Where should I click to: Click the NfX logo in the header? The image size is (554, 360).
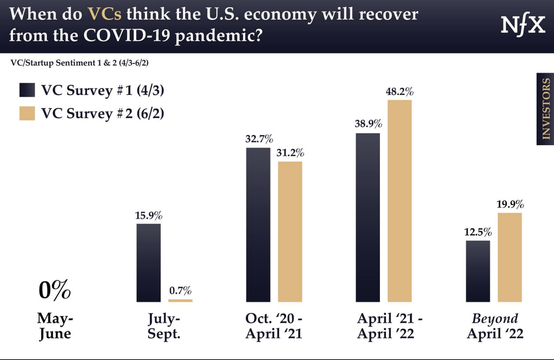[x=522, y=25]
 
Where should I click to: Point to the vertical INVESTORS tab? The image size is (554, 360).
[x=545, y=109]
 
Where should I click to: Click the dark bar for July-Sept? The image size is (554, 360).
[x=149, y=263]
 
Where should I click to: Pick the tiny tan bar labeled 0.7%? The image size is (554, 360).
[x=180, y=300]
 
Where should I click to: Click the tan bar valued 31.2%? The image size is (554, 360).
[x=290, y=232]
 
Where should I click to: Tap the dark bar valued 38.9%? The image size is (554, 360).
[x=367, y=218]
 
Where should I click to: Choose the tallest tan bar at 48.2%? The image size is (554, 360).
[x=400, y=201]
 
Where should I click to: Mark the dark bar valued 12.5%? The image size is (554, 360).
[x=478, y=271]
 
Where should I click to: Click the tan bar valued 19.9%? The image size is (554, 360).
[x=509, y=258]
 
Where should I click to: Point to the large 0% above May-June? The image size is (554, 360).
[x=55, y=290]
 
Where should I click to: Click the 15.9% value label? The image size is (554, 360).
[x=149, y=215]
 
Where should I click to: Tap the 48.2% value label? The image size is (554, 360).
[x=400, y=91]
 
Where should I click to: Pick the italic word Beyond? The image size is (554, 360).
[x=495, y=318]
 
